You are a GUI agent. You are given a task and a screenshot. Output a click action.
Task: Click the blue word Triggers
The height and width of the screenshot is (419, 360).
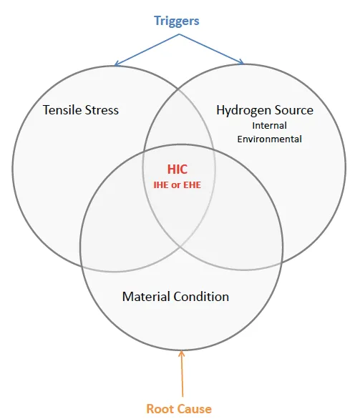tap(177, 21)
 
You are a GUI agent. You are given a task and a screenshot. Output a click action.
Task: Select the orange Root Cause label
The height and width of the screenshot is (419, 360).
tap(179, 409)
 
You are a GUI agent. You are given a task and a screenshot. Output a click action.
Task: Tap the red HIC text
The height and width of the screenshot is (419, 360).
tap(177, 169)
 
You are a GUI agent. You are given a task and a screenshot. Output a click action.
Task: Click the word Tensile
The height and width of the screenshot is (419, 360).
tap(62, 110)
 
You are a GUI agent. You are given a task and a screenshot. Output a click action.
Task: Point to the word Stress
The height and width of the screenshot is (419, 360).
tap(102, 110)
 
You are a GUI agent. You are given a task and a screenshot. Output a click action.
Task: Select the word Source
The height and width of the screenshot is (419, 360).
tap(291, 110)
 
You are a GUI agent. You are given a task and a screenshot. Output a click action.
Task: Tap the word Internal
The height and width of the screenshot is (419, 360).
tap(269, 125)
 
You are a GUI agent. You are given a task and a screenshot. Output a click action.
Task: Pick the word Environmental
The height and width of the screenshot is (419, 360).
tap(269, 139)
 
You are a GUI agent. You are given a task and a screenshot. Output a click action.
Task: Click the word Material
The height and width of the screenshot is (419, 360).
tap(146, 297)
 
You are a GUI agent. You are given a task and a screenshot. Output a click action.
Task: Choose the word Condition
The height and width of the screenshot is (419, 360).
tap(201, 297)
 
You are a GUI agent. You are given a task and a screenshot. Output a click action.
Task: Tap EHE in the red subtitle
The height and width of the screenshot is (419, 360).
tap(193, 185)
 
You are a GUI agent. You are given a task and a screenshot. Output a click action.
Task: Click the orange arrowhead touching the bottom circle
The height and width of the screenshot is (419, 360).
tap(182, 353)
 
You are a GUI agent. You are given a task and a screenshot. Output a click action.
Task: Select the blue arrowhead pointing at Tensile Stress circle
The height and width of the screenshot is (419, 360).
tap(117, 64)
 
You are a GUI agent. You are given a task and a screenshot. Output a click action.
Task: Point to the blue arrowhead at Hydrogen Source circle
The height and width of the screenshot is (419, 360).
tap(240, 61)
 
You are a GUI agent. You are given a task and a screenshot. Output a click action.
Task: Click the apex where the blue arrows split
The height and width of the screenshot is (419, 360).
tap(179, 34)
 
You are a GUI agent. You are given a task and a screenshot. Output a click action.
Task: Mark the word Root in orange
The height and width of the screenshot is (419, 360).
tap(159, 409)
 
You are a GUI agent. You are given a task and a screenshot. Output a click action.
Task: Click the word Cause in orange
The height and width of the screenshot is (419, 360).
tap(193, 409)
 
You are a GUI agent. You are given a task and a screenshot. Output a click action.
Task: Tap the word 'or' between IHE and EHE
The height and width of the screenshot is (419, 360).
tap(177, 185)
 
